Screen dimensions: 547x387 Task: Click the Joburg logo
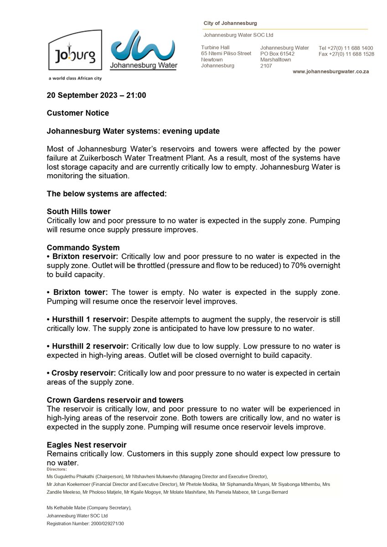75,50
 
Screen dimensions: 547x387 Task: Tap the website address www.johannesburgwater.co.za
330,72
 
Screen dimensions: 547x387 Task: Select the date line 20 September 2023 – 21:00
97,96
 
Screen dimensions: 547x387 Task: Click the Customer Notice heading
78,113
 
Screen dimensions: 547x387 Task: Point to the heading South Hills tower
78,212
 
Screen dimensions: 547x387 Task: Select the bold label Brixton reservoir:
85,257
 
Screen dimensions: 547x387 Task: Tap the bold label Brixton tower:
79,292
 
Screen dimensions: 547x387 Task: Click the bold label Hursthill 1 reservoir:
88,319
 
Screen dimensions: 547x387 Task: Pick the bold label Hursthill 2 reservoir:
88,346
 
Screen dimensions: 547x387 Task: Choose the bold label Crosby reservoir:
83,373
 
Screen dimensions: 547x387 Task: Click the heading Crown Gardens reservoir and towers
115,400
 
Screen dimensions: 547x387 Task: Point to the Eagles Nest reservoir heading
87,445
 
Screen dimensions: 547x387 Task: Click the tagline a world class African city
75,78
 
